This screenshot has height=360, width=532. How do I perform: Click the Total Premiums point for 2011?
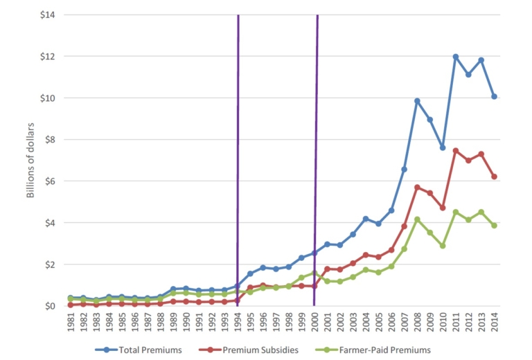(x=456, y=57)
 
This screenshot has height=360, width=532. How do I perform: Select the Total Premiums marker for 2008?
(x=417, y=101)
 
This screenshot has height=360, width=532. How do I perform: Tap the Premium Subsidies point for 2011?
(x=456, y=150)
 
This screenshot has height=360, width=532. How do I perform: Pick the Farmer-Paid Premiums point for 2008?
(x=417, y=219)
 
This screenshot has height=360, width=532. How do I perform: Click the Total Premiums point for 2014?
(x=495, y=96)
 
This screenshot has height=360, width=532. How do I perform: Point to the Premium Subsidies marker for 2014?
(x=495, y=177)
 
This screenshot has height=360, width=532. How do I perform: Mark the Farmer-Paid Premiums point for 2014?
(x=495, y=225)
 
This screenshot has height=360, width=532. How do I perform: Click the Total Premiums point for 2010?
(x=443, y=147)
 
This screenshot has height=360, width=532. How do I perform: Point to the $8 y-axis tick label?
(x=50, y=140)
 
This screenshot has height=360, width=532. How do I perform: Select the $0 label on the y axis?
(x=50, y=306)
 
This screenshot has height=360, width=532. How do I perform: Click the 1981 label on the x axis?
(x=71, y=323)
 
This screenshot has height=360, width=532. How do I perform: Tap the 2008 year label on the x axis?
(x=417, y=323)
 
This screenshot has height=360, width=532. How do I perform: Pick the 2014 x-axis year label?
(x=495, y=323)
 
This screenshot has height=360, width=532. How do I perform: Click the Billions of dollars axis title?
(x=30, y=159)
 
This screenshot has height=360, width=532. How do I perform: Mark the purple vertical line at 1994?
(x=238, y=138)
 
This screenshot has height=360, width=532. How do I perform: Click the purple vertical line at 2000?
(x=316, y=138)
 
